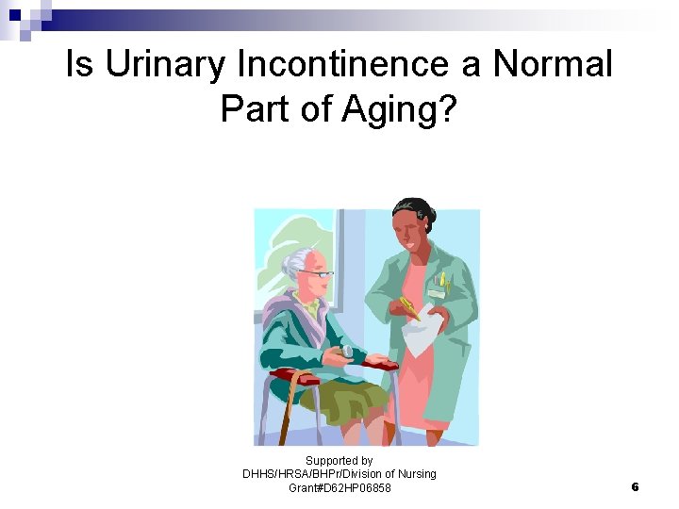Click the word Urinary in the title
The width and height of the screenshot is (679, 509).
pyautogui.click(x=165, y=66)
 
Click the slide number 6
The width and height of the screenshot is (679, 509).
pyautogui.click(x=635, y=487)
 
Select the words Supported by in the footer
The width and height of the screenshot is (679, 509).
pyautogui.click(x=339, y=461)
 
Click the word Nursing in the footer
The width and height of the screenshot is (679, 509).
pyautogui.click(x=414, y=474)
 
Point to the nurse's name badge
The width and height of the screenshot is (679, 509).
pyautogui.click(x=436, y=293)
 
